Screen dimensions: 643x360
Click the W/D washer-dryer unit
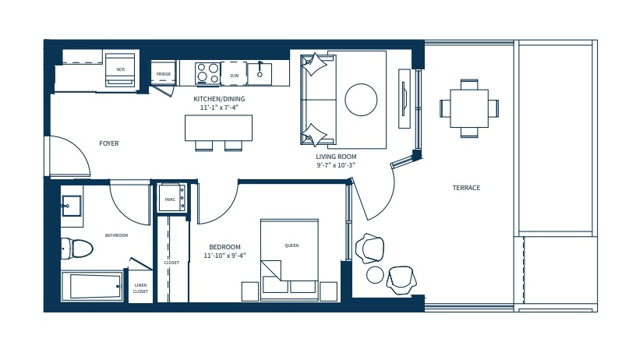click(120, 69)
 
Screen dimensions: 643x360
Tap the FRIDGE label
click(164, 74)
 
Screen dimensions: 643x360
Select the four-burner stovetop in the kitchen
click(207, 73)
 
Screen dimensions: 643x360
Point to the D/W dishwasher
click(234, 74)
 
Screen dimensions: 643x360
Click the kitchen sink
click(260, 74)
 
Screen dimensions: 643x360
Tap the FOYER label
click(109, 143)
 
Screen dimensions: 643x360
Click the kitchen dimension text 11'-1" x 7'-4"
click(219, 108)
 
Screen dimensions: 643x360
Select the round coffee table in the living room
click(361, 100)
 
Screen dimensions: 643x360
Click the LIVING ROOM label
click(336, 157)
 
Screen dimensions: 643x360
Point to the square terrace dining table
click(469, 108)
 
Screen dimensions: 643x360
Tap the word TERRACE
click(466, 188)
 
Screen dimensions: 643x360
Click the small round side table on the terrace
click(375, 275)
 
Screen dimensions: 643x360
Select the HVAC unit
click(171, 198)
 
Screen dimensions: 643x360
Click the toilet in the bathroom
click(77, 248)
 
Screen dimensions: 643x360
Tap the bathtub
click(93, 286)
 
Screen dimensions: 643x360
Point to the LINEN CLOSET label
click(140, 288)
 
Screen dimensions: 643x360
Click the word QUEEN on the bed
click(291, 245)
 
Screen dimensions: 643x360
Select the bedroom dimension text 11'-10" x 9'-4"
click(224, 256)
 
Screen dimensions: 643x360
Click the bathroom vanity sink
click(72, 206)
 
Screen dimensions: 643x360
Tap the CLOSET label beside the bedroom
click(171, 263)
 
